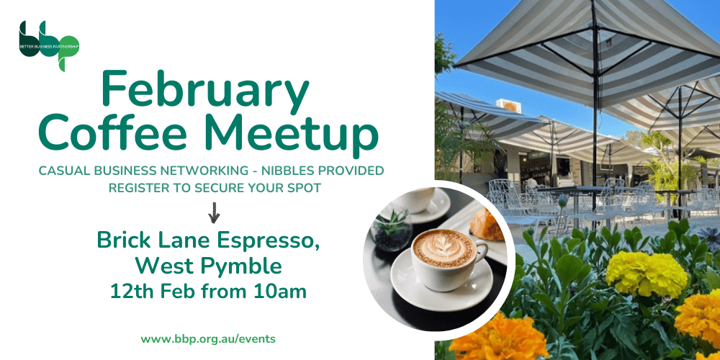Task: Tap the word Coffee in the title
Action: (x=116, y=135)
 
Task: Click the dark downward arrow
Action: (x=213, y=212)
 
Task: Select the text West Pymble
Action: (x=208, y=266)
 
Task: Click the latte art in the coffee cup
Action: (x=444, y=248)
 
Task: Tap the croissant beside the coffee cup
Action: (x=487, y=225)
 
